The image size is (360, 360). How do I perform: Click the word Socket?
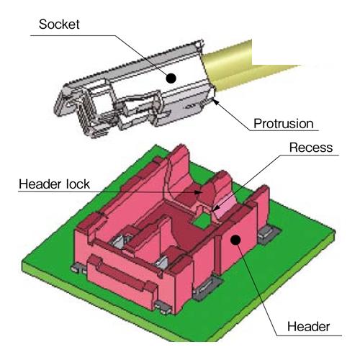(59, 24)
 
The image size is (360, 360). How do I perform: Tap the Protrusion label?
(284, 124)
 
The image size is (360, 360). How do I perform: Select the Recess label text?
(311, 148)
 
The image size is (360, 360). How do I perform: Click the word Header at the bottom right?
(308, 327)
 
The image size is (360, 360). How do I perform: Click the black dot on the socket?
(171, 78)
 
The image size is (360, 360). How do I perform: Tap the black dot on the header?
(236, 240)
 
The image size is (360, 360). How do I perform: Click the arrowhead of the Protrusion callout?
(216, 102)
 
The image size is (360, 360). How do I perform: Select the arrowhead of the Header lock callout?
(198, 192)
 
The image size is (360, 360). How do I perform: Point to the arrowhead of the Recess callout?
(215, 208)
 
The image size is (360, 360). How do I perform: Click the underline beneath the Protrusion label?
(284, 131)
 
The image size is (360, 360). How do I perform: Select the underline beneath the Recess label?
(310, 155)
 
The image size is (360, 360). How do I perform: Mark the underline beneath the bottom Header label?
(310, 336)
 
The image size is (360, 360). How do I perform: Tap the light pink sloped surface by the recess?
(225, 204)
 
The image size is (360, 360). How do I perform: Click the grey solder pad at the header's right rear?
(269, 233)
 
